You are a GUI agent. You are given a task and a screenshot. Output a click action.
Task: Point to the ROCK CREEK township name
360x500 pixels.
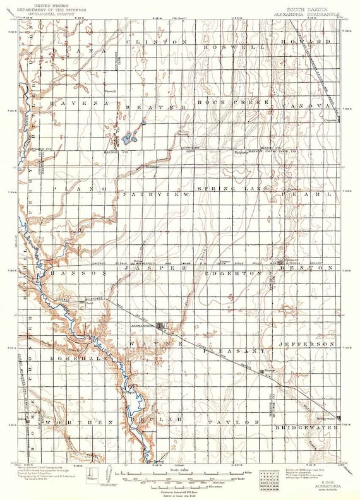click(233, 102)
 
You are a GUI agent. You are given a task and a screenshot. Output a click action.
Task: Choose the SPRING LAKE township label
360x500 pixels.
click(234, 189)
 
